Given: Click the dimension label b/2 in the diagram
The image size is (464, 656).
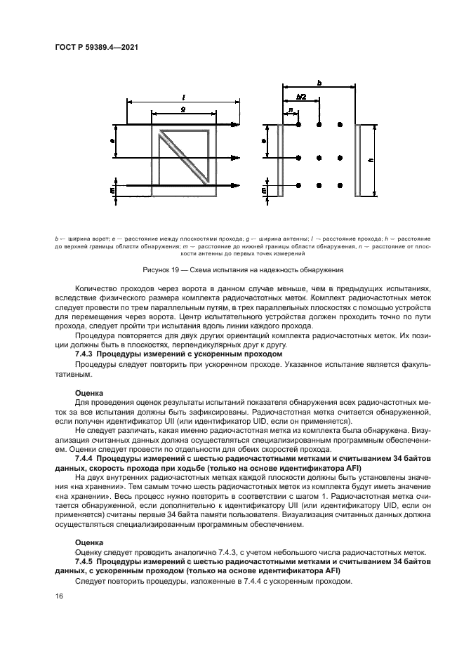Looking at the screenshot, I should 301,96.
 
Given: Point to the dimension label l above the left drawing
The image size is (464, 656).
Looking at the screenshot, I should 183,96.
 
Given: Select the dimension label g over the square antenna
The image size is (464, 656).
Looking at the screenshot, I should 183,109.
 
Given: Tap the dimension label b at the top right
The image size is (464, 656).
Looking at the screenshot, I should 320,82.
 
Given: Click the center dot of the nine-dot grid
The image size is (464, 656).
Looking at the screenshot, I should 319,157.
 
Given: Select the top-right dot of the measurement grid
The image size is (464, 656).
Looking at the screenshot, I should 340,124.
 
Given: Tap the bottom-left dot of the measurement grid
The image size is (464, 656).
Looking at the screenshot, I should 299,186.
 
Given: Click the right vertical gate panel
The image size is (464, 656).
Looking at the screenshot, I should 358,160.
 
